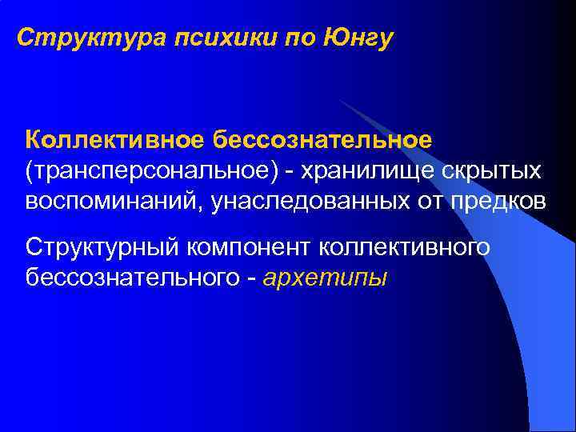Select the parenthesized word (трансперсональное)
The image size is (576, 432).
152,170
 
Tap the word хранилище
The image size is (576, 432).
372,170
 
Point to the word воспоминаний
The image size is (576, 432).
114,201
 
